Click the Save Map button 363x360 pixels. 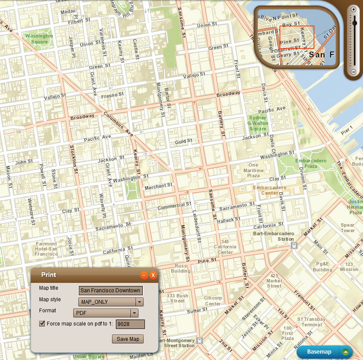[x=127, y=339]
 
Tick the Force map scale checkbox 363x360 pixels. [x=42, y=324]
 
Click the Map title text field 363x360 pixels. [x=111, y=291]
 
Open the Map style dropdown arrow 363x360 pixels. [x=139, y=302]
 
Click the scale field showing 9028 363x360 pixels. [x=130, y=324]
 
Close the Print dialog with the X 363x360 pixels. [x=153, y=275]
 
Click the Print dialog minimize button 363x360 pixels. [x=144, y=275]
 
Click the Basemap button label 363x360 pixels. [x=319, y=352]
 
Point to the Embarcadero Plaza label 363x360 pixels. [x=311, y=163]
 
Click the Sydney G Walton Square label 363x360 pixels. [x=258, y=123]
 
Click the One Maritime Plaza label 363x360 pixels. [x=254, y=170]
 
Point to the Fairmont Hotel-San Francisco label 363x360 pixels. [x=46, y=249]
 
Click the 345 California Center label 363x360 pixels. [x=225, y=247]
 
